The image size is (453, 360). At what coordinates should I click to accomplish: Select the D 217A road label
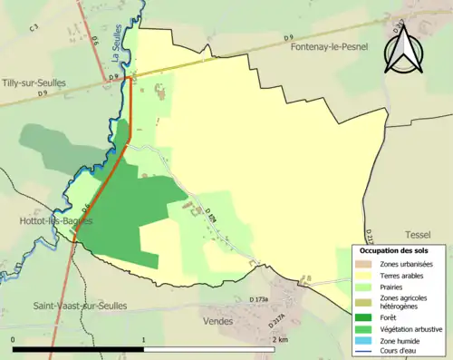click(276, 320)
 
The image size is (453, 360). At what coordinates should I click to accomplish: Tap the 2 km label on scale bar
click(277, 339)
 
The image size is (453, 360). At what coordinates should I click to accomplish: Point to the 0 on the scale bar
click(13, 339)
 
